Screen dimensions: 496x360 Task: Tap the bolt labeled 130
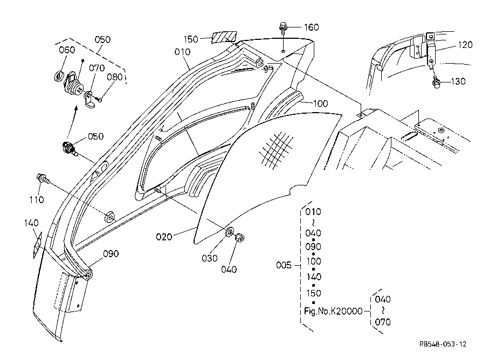coord(436,82)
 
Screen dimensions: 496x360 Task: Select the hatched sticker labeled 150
coord(224,37)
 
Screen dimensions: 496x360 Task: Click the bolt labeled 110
coord(43,179)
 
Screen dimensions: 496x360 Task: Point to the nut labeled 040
coord(239,238)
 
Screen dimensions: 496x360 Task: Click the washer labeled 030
coord(229,232)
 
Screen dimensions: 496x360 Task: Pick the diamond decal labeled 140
coord(38,245)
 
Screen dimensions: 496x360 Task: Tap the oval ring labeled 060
coord(59,76)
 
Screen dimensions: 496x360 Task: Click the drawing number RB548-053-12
coord(443,344)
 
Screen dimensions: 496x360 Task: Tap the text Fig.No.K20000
coord(333,311)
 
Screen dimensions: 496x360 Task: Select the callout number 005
coord(284,265)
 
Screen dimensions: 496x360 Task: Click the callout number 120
coord(465,45)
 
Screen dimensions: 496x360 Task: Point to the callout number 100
coord(320,103)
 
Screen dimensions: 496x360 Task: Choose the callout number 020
coord(164,237)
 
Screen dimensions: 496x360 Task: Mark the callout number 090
coord(111,253)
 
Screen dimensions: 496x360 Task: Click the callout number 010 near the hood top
coord(183,52)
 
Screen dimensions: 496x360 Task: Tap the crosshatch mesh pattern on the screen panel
coord(276,149)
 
